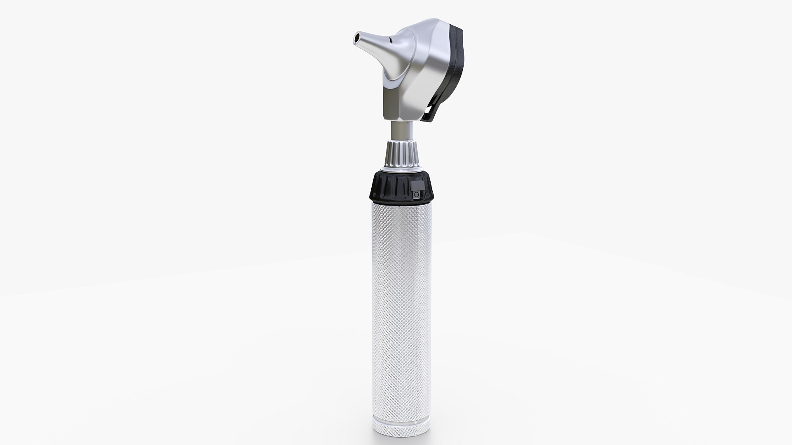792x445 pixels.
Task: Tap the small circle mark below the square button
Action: (x=417, y=194)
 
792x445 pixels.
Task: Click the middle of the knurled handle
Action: (x=401, y=305)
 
